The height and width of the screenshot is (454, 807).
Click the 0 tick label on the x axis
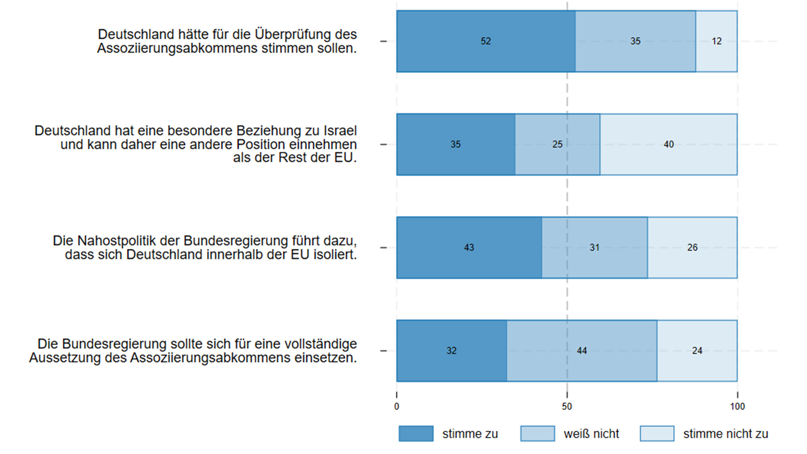[397, 407]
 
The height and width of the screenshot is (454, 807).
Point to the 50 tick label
[567, 407]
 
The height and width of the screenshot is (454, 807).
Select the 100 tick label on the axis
[737, 407]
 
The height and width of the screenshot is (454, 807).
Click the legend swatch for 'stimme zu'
[416, 433]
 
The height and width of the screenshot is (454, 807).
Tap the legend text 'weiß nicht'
[591, 434]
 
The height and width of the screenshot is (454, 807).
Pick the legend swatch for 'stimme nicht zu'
[657, 433]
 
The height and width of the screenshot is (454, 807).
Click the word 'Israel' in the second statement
[340, 130]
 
